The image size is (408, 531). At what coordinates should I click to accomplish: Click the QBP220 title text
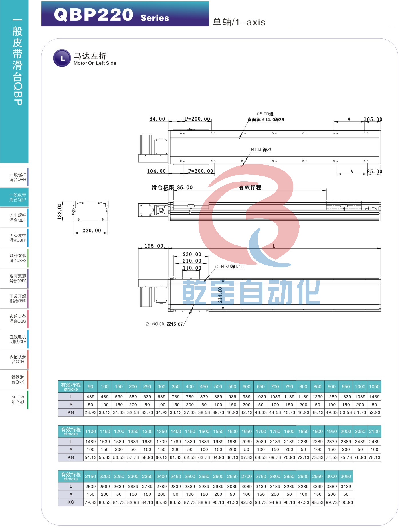[94, 15]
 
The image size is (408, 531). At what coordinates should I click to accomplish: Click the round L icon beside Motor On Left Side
[62, 58]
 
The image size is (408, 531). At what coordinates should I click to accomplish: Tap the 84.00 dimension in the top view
[157, 119]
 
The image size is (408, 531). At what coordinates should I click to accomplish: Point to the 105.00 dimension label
[373, 119]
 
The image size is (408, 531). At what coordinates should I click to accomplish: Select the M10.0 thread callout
[262, 150]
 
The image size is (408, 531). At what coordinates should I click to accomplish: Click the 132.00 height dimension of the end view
[60, 211]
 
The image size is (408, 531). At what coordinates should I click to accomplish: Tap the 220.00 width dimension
[92, 231]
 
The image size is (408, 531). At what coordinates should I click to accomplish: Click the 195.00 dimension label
[154, 246]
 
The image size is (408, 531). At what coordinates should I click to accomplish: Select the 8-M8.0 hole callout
[229, 266]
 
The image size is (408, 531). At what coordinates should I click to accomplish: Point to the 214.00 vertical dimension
[220, 295]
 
